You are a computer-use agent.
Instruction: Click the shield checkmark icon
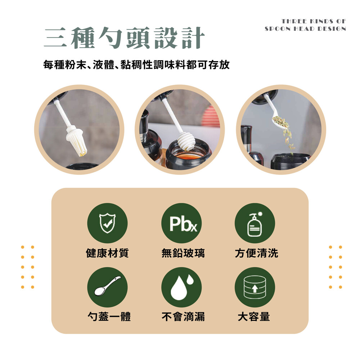pyautogui.click(x=107, y=223)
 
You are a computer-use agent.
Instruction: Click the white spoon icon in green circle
pyautogui.click(x=107, y=285)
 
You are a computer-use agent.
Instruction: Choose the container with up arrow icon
pyautogui.click(x=255, y=287)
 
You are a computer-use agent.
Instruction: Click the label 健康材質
pyautogui.click(x=107, y=253)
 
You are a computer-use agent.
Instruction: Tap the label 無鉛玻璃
pyautogui.click(x=183, y=253)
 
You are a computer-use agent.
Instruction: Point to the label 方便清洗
pyautogui.click(x=256, y=253)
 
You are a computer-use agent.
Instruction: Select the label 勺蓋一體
pyautogui.click(x=109, y=316)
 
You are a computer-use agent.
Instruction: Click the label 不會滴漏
pyautogui.click(x=183, y=316)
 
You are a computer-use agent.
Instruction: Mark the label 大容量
pyautogui.click(x=254, y=316)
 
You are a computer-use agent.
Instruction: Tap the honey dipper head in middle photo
pyautogui.click(x=186, y=142)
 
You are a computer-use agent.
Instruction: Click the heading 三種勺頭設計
pyautogui.click(x=124, y=38)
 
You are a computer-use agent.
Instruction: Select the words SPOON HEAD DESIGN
pyautogui.click(x=305, y=29)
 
